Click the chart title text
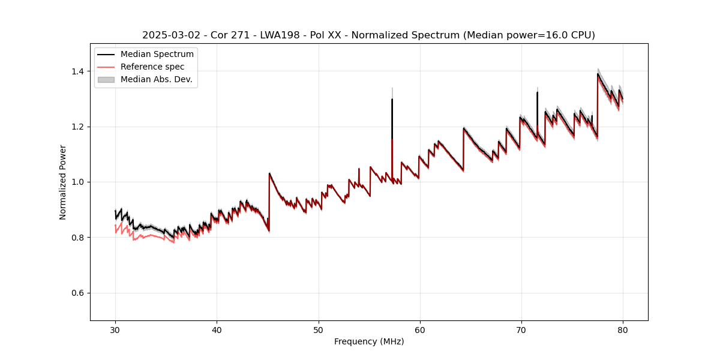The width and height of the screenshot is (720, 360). [368, 35]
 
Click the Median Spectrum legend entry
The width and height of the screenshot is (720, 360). [157, 55]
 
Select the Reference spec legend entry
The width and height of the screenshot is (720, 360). [152, 67]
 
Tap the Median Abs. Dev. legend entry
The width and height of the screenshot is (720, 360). [156, 79]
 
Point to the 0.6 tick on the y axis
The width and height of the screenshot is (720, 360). [79, 293]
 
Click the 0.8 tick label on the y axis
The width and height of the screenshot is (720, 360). [79, 238]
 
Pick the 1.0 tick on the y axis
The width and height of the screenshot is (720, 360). [79, 182]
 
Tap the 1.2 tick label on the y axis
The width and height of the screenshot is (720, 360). [79, 127]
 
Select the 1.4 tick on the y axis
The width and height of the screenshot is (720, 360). [79, 71]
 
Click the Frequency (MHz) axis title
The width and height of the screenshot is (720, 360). [368, 341]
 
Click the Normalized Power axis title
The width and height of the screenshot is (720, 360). [63, 182]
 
